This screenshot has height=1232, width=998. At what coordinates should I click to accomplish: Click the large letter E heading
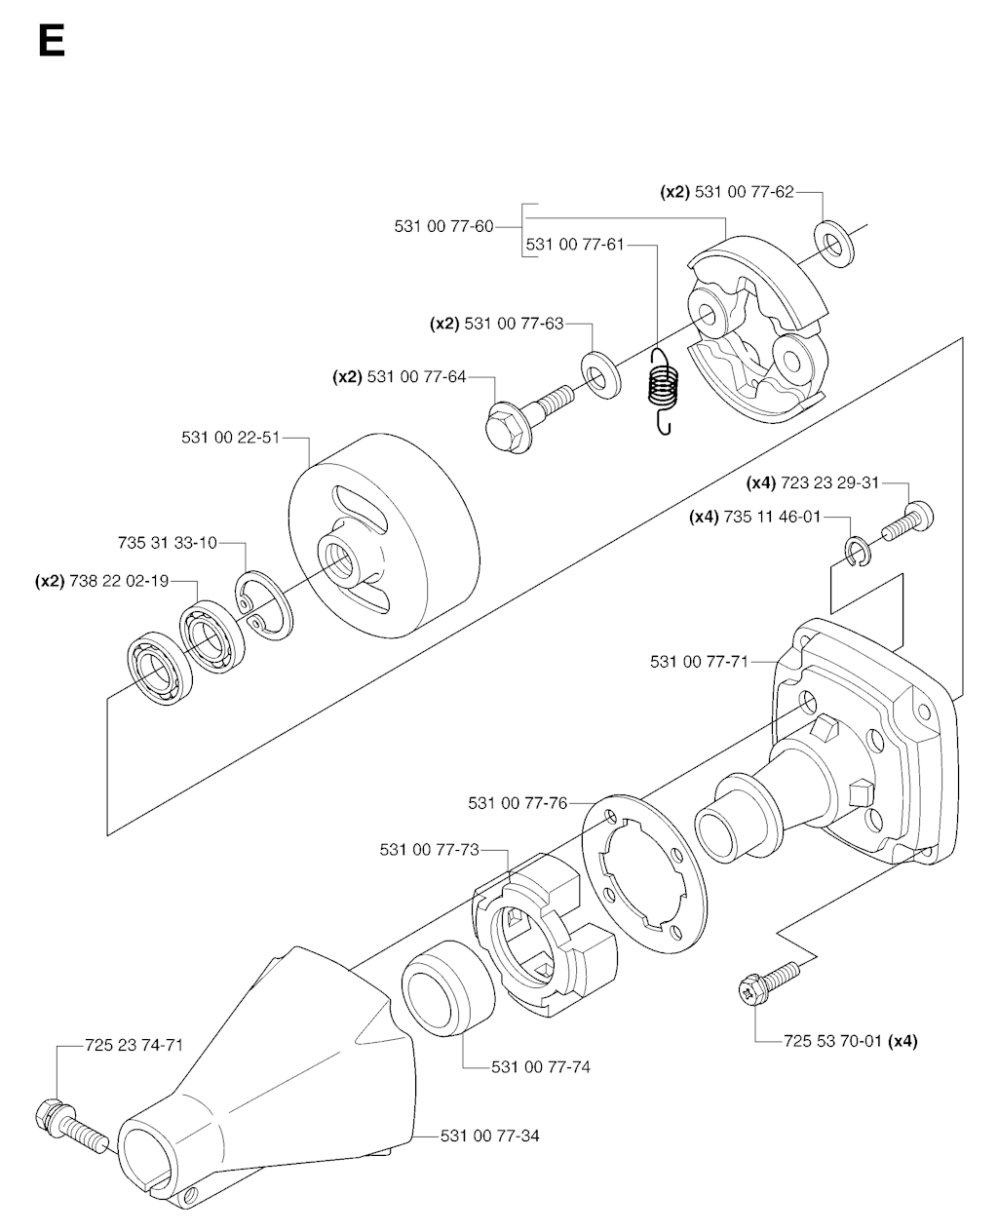pyautogui.click(x=51, y=42)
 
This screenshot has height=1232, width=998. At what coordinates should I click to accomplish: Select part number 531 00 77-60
pyautogui.click(x=443, y=226)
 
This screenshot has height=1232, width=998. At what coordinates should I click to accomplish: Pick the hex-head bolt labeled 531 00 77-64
pyautogui.click(x=526, y=413)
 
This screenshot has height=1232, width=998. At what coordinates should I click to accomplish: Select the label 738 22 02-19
pyautogui.click(x=120, y=581)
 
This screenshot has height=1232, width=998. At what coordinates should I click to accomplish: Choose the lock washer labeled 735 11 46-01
pyautogui.click(x=859, y=552)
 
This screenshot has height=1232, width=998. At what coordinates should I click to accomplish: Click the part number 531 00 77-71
pyautogui.click(x=699, y=662)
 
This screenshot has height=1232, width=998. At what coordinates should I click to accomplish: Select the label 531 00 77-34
pyautogui.click(x=490, y=1136)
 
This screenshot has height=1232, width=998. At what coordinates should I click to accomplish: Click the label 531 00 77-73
pyautogui.click(x=430, y=850)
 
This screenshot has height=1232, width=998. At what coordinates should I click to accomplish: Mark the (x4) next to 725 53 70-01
pyautogui.click(x=903, y=1041)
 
